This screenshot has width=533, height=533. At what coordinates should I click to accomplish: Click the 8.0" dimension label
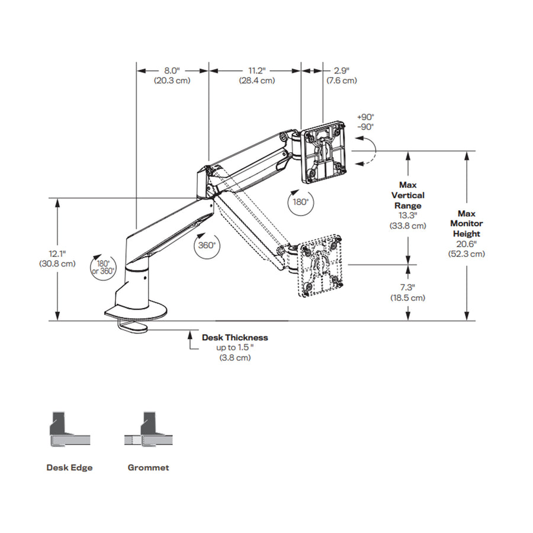(x=172, y=70)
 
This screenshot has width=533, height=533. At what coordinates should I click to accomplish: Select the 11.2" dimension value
(x=257, y=70)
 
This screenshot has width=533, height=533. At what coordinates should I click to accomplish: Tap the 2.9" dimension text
(x=342, y=70)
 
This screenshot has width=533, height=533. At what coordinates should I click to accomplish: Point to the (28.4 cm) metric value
(x=257, y=81)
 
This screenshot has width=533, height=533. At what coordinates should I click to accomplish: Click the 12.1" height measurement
(x=57, y=253)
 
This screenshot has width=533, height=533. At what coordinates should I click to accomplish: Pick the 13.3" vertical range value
(x=408, y=216)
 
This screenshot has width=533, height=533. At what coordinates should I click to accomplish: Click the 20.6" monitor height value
(x=467, y=244)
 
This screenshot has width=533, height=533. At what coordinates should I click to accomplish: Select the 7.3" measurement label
(x=407, y=288)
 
